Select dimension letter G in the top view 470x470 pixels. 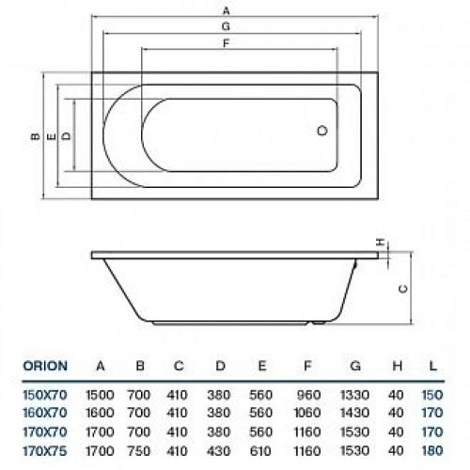point(226,28)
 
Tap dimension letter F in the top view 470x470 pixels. point(226,44)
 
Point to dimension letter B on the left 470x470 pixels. point(33,137)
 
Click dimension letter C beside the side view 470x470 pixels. point(402,290)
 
